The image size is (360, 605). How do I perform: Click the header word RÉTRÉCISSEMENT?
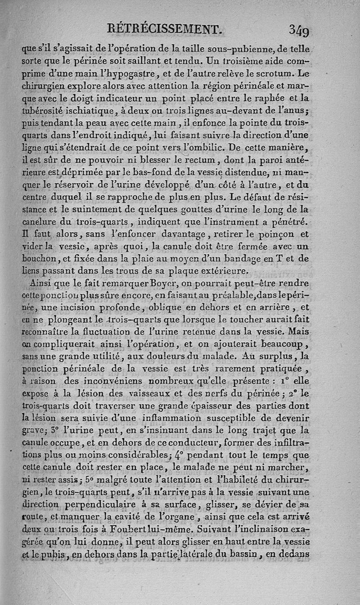coord(165,30)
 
